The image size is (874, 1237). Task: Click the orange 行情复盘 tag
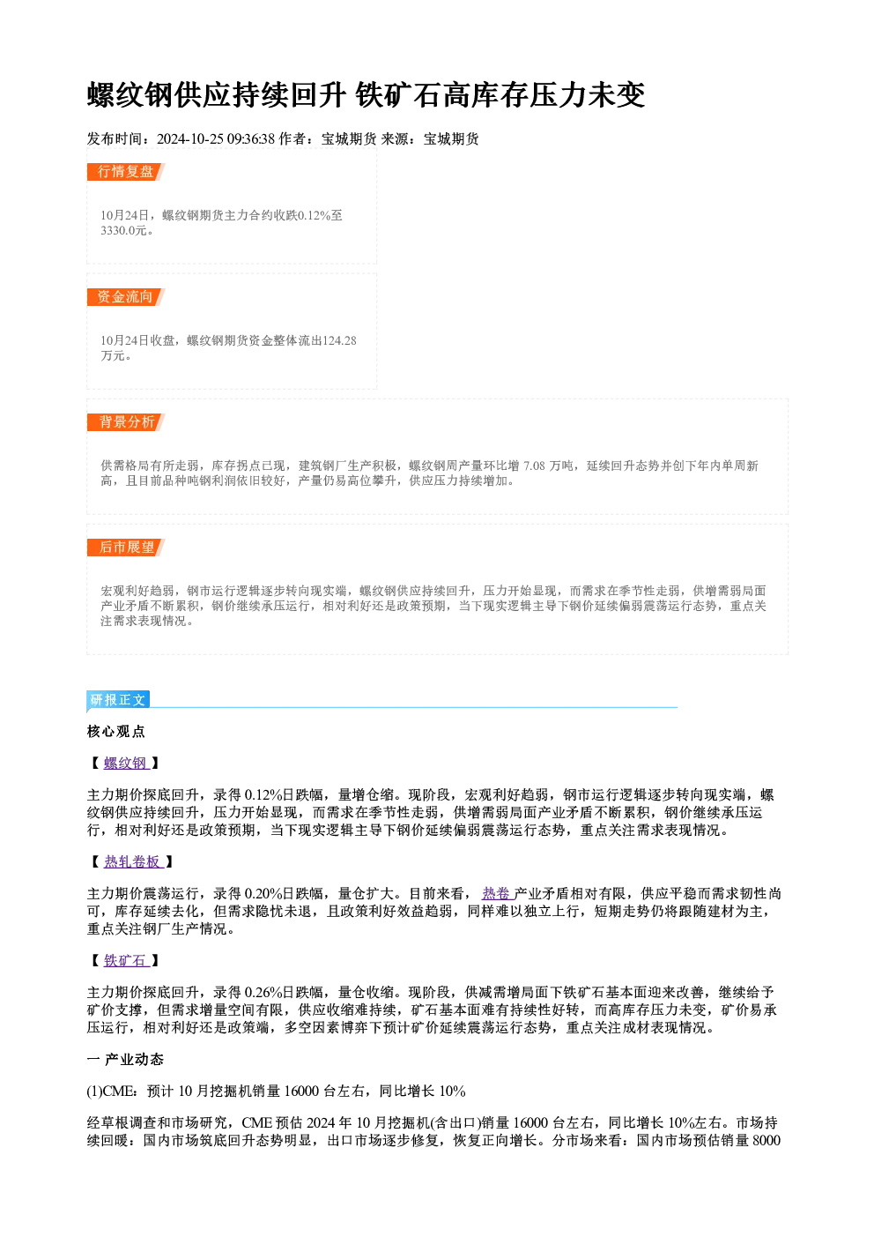coord(125,172)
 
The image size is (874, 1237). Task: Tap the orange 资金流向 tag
coord(125,297)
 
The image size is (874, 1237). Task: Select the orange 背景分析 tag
coord(125,422)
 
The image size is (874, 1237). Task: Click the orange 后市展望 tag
coord(125,548)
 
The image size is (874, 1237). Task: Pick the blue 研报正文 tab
coord(118,700)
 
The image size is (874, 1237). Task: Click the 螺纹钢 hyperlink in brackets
coord(126,764)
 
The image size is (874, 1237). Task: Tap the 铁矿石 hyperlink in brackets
coord(126,961)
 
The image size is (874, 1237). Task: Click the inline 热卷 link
coord(497,893)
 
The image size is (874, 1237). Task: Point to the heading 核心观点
coord(116,732)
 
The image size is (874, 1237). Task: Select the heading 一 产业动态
coord(125,1059)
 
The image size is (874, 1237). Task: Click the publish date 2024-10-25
coord(189,139)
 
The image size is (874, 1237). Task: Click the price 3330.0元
coord(124,231)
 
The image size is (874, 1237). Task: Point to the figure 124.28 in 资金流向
coord(339,340)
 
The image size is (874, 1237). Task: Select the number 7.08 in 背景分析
coord(534,466)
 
